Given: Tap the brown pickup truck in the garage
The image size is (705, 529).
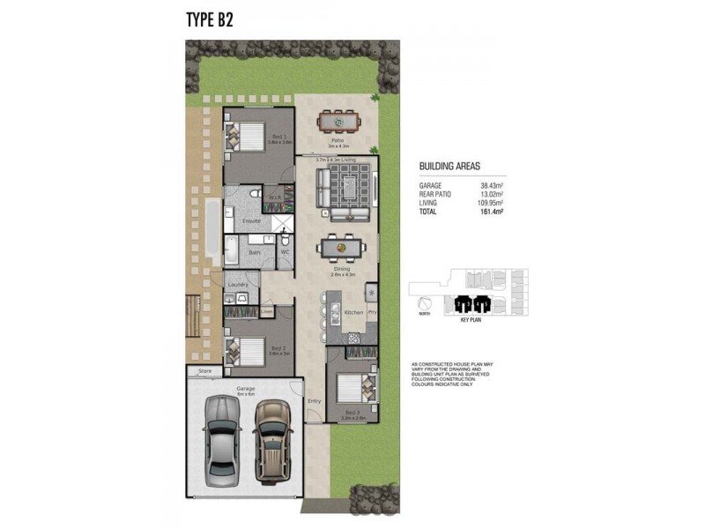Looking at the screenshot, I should (272, 440).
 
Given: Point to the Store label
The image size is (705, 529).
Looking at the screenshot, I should (204, 371).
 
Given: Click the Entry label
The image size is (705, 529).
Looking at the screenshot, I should (315, 401).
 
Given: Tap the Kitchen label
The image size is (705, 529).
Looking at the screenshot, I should (353, 313).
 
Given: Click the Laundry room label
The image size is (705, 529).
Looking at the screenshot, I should (238, 285).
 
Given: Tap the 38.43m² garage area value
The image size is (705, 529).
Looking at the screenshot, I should (492, 186).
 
